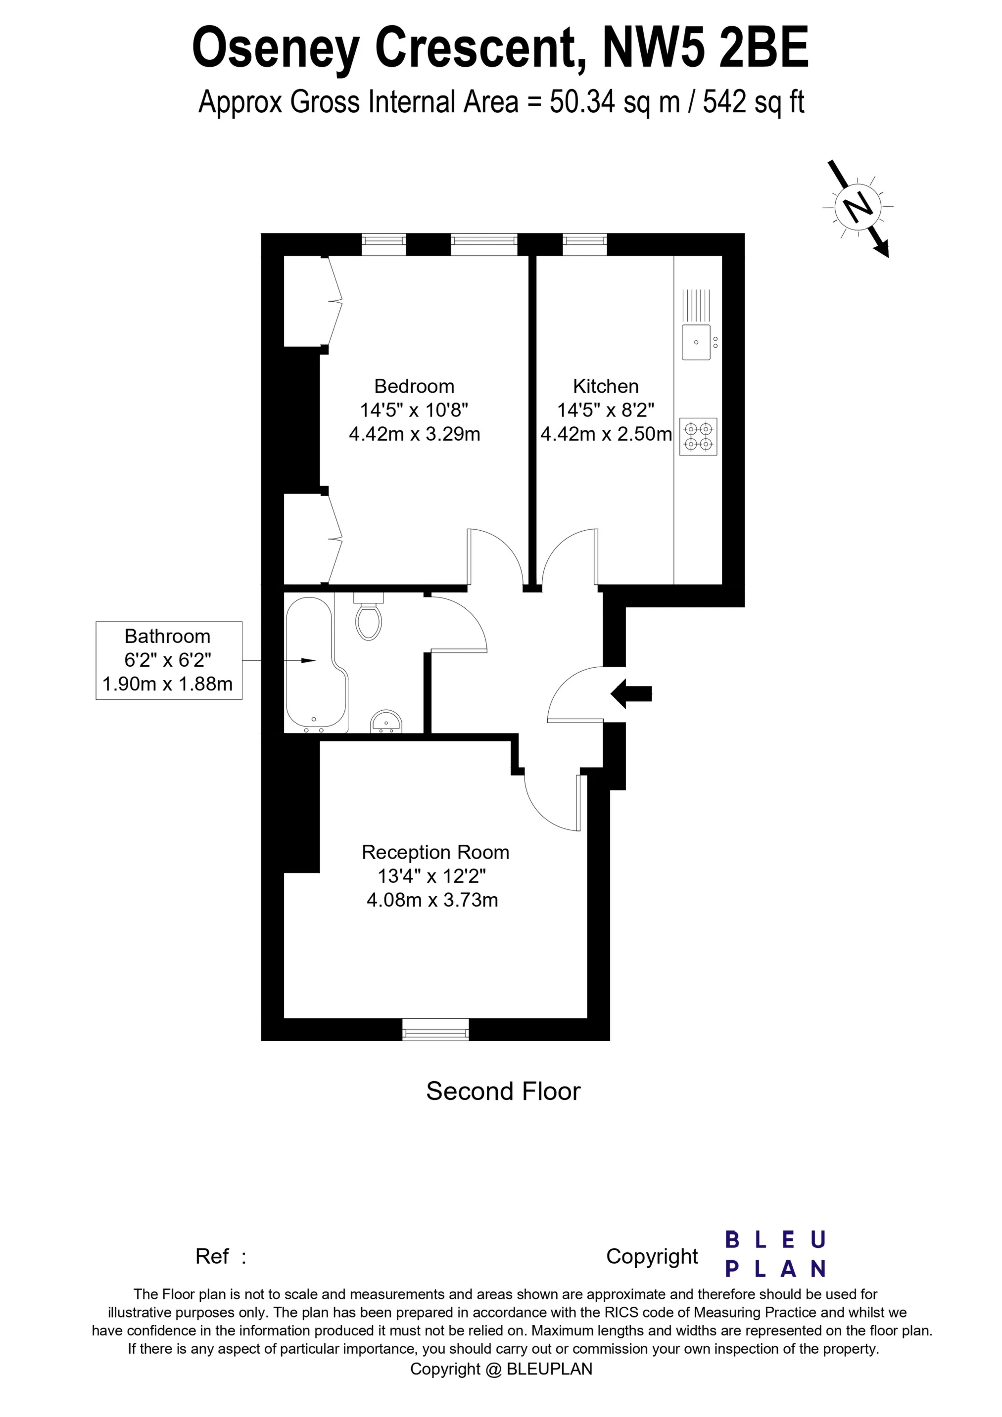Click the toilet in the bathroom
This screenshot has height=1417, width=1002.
(369, 620)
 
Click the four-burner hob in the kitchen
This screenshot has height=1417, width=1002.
(698, 436)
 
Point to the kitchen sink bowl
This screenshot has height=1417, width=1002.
(696, 342)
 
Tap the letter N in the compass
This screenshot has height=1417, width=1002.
(857, 207)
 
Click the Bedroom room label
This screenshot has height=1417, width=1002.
(414, 386)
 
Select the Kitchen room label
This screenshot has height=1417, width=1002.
(606, 386)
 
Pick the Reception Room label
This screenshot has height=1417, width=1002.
(435, 852)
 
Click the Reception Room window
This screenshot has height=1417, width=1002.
(435, 1029)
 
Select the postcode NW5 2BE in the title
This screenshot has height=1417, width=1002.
(705, 48)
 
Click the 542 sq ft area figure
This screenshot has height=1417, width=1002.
(753, 102)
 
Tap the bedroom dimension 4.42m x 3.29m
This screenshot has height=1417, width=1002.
(414, 434)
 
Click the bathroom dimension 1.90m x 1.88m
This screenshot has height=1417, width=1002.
(167, 685)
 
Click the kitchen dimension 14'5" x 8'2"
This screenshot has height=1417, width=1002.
(606, 411)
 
